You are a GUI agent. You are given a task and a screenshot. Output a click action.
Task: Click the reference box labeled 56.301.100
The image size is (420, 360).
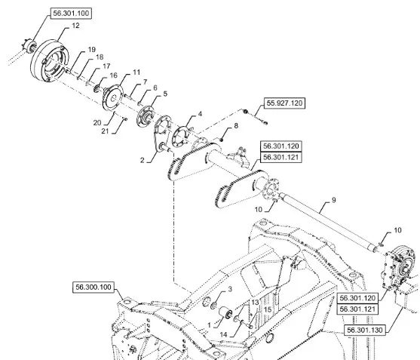(71, 14)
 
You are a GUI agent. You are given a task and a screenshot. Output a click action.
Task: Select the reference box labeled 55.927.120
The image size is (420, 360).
(284, 103)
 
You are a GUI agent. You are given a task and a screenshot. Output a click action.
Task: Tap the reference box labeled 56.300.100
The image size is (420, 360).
(94, 287)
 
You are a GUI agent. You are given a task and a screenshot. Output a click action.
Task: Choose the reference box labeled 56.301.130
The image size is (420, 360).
(365, 330)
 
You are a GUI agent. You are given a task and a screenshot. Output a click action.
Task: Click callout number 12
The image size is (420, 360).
(76, 26)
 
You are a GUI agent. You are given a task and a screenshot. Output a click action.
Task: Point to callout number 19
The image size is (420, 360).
(91, 50)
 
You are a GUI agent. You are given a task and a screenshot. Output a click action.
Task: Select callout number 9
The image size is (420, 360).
(333, 200)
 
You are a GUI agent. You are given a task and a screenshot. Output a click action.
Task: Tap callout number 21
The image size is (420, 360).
(105, 131)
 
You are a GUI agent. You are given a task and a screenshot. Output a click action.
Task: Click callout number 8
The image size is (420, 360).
(236, 125)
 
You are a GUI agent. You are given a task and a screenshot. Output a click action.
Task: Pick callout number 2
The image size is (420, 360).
(143, 160)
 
